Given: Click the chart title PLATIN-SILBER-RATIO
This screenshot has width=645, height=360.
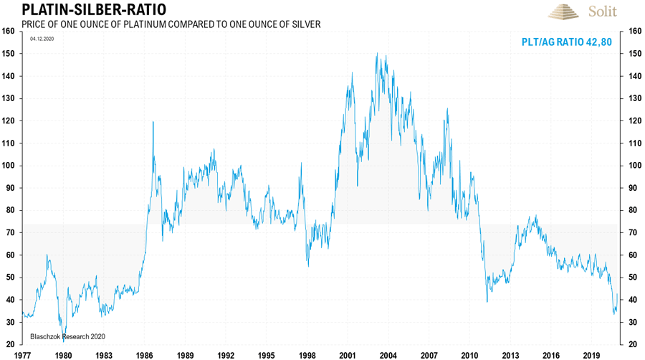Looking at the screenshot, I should [85, 10].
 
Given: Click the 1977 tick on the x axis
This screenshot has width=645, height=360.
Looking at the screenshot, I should [23, 354].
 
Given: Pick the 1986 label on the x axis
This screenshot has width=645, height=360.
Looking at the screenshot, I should [145, 354].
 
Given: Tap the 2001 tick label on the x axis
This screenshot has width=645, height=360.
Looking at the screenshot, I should [348, 354].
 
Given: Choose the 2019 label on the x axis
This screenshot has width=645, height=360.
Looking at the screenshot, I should [591, 354].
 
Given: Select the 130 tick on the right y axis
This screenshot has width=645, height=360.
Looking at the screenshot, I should [633, 98].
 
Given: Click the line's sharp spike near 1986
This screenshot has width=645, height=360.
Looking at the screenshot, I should [153, 123].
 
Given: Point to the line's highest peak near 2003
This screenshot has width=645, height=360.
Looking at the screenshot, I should [377, 54].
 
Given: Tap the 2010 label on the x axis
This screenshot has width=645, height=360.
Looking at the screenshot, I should [469, 354].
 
